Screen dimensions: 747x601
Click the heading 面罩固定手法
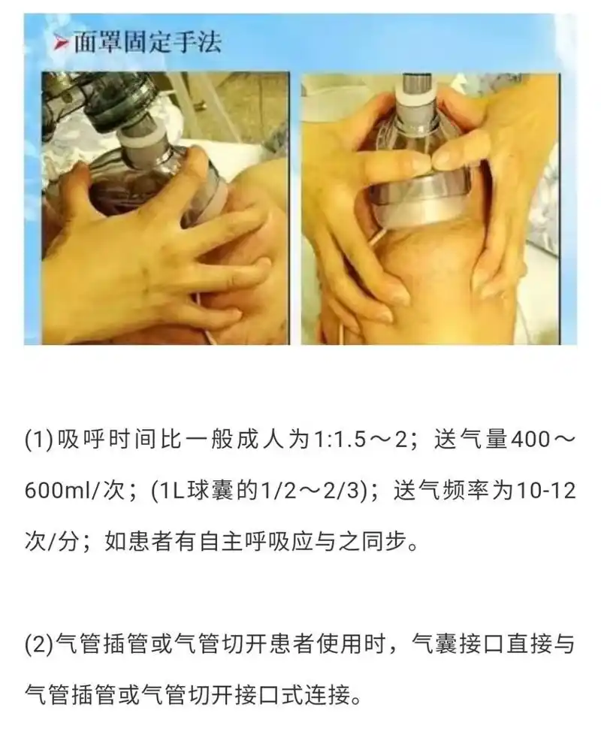click(146, 42)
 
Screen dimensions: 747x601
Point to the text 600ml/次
click(72, 491)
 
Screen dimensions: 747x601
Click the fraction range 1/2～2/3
click(305, 491)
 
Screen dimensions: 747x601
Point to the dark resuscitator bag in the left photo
click(113, 98)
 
